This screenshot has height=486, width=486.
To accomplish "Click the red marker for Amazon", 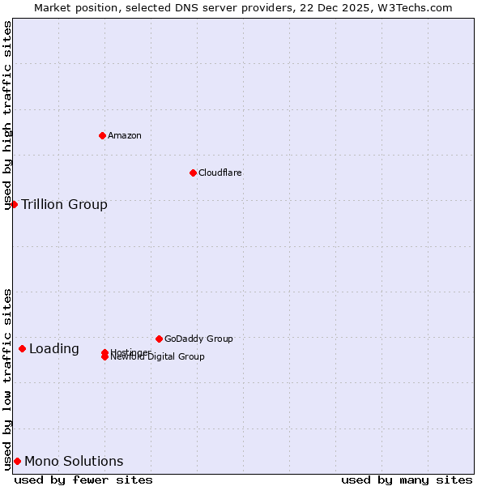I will click(x=102, y=135).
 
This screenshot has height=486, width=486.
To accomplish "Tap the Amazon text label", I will click(x=124, y=135).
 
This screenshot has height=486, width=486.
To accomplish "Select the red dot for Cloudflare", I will click(x=193, y=173).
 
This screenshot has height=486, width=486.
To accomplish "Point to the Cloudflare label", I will click(x=220, y=173).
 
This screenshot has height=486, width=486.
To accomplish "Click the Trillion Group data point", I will click(x=14, y=204).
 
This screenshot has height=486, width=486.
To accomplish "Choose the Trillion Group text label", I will click(x=64, y=204).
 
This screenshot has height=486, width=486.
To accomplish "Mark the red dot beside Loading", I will click(x=22, y=348).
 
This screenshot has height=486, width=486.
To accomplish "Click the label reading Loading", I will click(x=54, y=349).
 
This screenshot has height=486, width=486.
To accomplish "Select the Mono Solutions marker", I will click(x=17, y=461).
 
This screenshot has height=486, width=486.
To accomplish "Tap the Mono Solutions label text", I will click(x=74, y=462).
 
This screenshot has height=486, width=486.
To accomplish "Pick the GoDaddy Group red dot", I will click(x=159, y=339).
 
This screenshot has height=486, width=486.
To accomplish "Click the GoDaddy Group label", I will click(x=198, y=339).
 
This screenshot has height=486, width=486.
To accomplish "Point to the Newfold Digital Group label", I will click(x=157, y=357).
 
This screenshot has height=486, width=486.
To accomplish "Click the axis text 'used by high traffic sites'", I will click(x=8, y=115).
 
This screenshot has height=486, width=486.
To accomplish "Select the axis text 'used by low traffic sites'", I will click(x=8, y=379).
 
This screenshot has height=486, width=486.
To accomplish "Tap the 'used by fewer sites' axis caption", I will click(x=83, y=480).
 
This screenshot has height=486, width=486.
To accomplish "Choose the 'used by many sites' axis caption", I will click(x=407, y=480).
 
